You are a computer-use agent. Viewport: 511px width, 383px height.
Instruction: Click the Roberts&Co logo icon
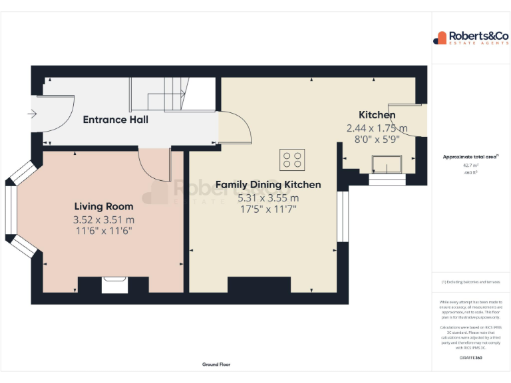coord(440,38)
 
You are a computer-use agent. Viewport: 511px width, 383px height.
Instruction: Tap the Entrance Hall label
coord(115,120)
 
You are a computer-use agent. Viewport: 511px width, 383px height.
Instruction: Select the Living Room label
coord(103,207)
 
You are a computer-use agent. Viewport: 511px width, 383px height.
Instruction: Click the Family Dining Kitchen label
coord(268,184)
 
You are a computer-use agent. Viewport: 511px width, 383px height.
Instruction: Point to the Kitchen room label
coord(377,115)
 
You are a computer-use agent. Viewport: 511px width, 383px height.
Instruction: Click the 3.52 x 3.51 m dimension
coord(103,219)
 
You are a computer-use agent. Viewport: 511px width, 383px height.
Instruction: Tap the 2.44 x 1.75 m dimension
coord(377,128)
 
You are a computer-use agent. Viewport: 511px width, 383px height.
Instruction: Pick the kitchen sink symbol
coord(387,164)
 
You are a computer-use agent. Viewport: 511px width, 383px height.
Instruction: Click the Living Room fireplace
coord(114,285)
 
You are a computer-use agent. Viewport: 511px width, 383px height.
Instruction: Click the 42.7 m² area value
coord(470,165)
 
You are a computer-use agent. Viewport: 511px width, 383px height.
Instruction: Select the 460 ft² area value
coord(470,172)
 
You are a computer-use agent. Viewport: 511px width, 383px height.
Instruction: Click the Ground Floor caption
coord(216,364)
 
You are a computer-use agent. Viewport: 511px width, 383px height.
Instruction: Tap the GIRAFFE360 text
coord(470,358)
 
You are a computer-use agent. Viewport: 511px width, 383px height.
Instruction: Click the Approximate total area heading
coord(470,157)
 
